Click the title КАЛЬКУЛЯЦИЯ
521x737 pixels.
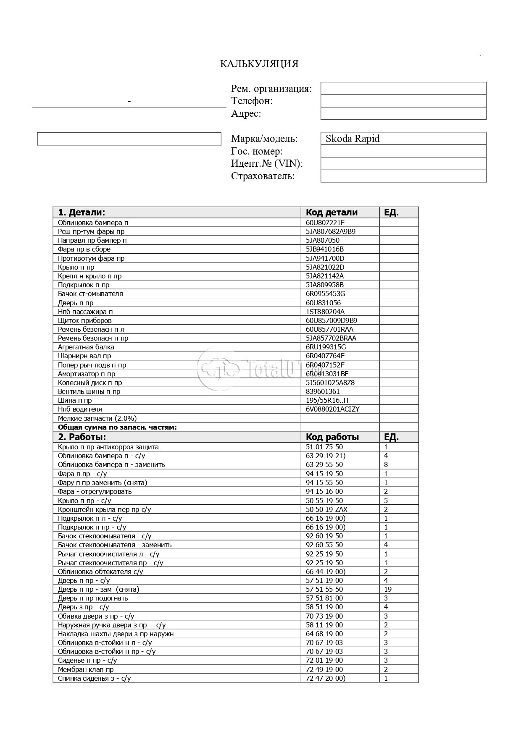tap(259, 64)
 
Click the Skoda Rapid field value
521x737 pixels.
tap(353, 139)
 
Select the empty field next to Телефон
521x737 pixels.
tap(403, 101)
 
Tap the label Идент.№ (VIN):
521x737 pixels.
tap(266, 164)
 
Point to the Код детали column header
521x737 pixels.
tap(332, 212)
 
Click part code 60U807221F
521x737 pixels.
tap(325, 223)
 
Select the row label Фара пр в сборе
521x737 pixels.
tap(84, 249)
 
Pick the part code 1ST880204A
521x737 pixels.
tap(325, 312)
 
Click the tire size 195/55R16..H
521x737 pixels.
tap(327, 401)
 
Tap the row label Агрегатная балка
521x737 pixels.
tap(86, 347)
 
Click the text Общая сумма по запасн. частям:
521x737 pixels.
tap(117, 428)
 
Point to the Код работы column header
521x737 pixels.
tap(332, 437)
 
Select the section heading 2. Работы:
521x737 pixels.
tap(82, 437)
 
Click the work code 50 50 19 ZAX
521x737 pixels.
tap(326, 510)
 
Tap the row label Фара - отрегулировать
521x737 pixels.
tap(95, 492)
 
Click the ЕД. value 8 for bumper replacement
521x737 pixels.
tap(386, 465)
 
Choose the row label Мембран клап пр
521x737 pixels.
tap(86, 670)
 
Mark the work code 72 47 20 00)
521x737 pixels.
tap(325, 679)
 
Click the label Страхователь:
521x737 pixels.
tap(263, 176)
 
